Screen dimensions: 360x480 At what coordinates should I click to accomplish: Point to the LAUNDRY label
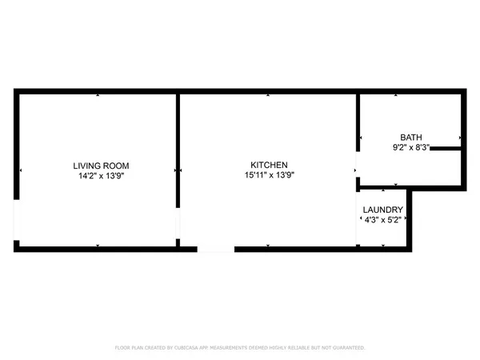coord(382,210)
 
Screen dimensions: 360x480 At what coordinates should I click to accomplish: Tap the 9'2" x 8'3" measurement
coord(411,146)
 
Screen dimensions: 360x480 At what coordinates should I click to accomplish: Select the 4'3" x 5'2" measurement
coord(382,220)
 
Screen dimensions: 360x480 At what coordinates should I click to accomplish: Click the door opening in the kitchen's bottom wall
coord(215,249)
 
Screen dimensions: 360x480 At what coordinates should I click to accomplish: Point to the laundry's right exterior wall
coord(411,220)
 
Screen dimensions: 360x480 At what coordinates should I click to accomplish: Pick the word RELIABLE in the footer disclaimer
coord(304,348)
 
